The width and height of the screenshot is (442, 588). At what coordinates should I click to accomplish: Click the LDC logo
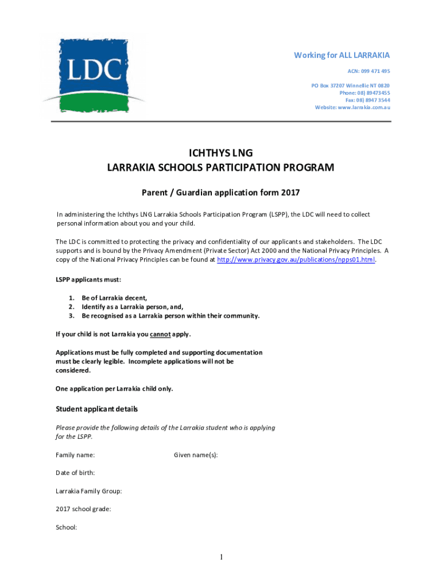(94, 75)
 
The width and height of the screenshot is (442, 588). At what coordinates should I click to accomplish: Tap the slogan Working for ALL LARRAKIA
(342, 55)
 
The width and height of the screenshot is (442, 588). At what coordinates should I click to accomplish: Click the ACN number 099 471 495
(367, 71)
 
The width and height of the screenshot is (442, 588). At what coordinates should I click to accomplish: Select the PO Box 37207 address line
(351, 85)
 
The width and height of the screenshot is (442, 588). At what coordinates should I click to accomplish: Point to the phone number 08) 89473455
(365, 92)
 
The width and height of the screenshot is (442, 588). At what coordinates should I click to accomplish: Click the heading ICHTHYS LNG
(220, 153)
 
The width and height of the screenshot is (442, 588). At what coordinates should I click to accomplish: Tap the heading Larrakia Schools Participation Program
(220, 168)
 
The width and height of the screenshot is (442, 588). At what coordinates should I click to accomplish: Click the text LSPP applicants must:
(88, 280)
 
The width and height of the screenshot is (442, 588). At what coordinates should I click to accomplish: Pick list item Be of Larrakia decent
(114, 298)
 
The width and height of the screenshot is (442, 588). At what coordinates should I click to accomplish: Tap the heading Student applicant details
(96, 409)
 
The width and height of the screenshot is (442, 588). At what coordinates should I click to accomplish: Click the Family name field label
(75, 455)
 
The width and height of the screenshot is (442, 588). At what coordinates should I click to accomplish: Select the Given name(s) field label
(196, 455)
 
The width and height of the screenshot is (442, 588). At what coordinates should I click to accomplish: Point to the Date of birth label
(75, 473)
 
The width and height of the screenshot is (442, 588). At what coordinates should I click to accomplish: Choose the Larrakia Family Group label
(88, 491)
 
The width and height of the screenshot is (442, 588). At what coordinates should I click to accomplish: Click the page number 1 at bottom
(221, 557)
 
